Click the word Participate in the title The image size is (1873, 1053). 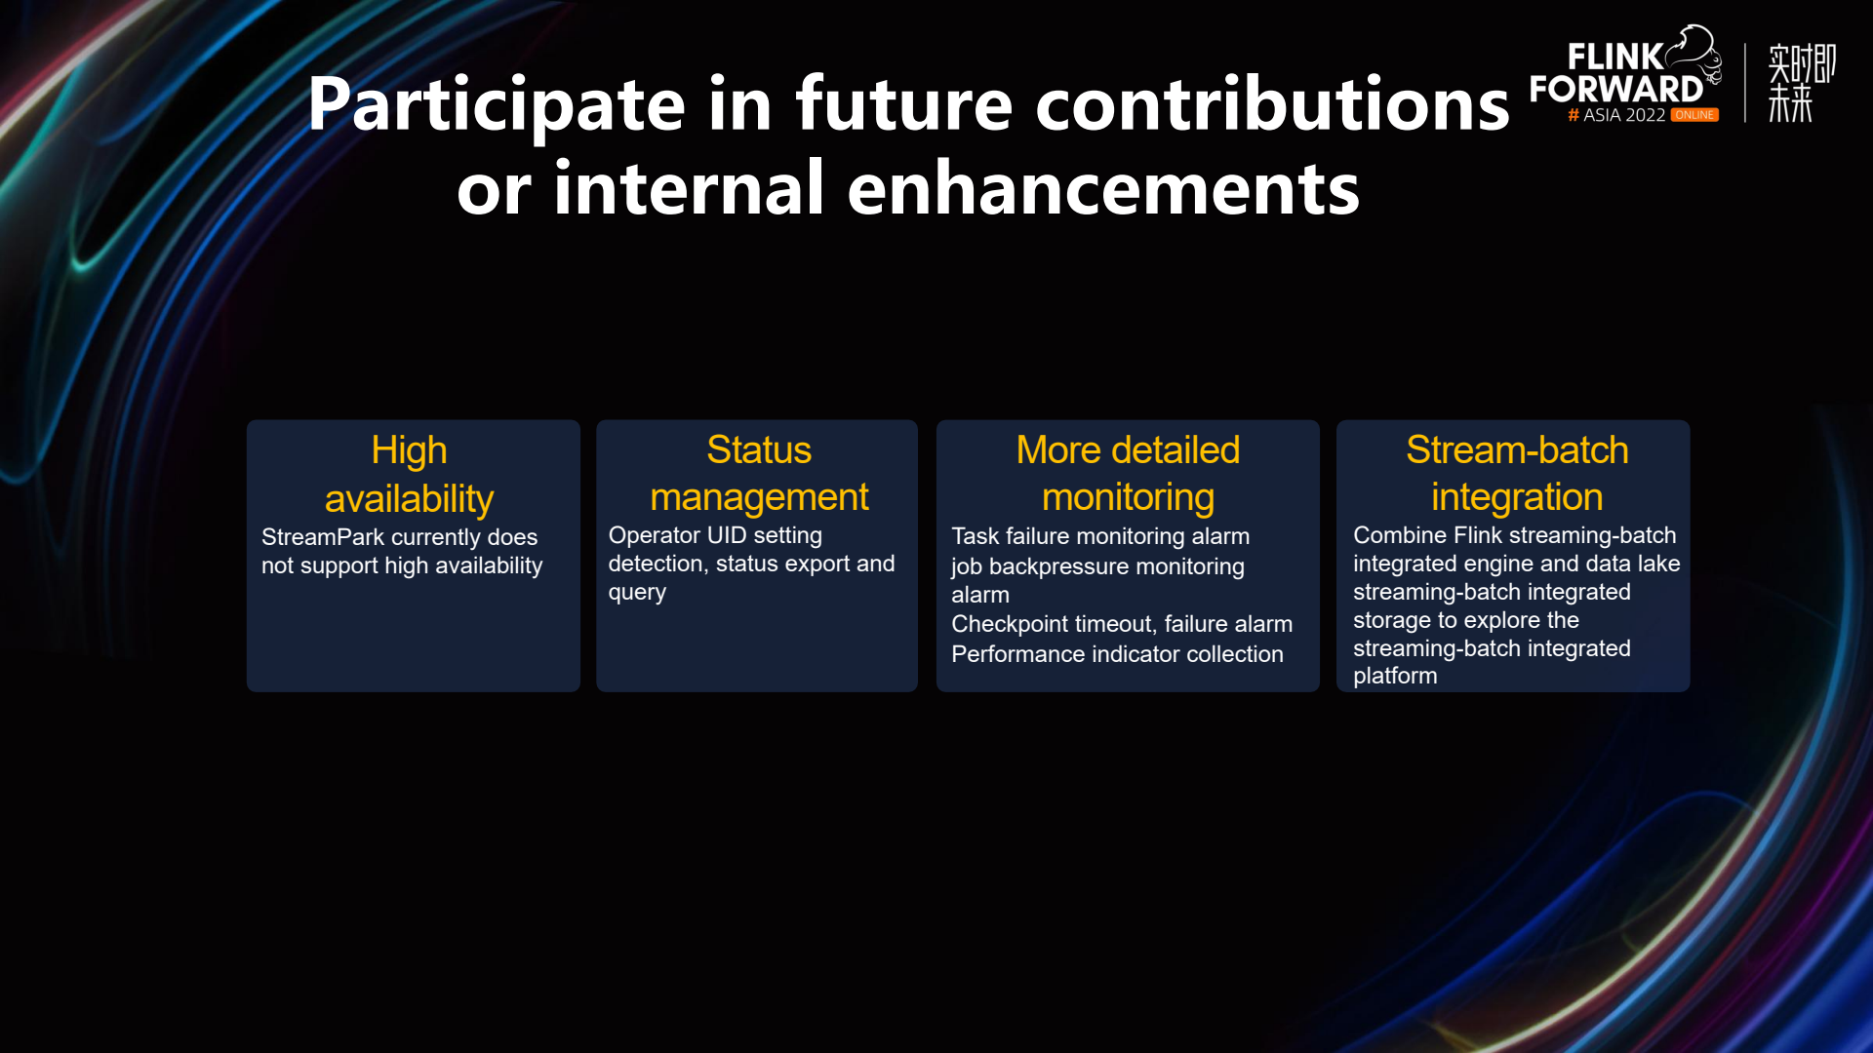point(497,105)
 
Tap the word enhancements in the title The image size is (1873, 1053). point(1103,188)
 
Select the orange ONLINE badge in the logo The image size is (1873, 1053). point(1694,115)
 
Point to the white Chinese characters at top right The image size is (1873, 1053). point(1802,83)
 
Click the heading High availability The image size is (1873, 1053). point(410,475)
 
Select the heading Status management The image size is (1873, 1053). point(759,474)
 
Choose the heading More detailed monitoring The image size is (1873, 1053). point(1128,474)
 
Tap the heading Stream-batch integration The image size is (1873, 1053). point(1517,474)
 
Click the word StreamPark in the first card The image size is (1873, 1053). point(323,537)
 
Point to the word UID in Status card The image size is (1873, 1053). point(727,535)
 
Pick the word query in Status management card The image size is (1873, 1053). point(637,594)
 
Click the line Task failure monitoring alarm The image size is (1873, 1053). point(1100,536)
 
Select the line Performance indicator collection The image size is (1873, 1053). point(1117,654)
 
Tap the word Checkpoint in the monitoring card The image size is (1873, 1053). point(1010,625)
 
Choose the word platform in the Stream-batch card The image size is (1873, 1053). point(1395,677)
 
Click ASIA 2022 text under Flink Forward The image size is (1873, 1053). point(1624,115)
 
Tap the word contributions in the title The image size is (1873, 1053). point(1272,105)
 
